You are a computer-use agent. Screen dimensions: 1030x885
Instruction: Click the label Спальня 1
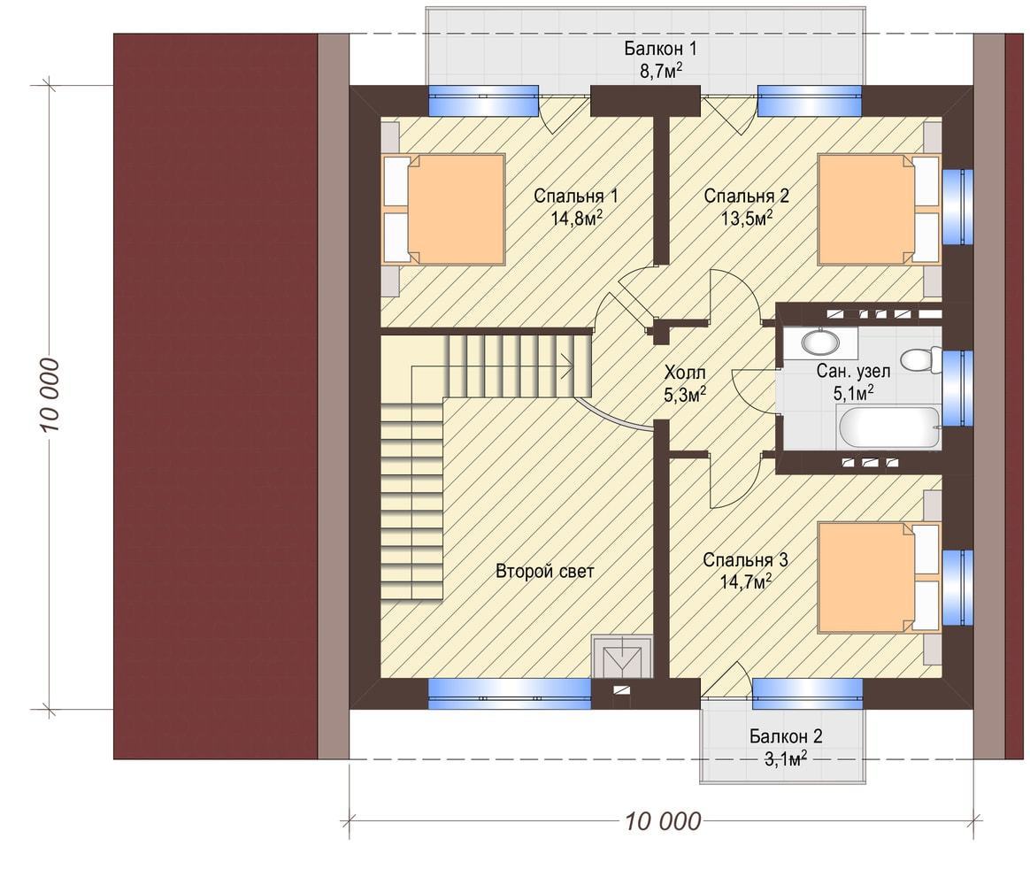point(575,196)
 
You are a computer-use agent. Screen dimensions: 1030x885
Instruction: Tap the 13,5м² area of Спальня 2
point(746,218)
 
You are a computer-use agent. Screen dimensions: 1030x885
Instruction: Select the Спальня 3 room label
point(745,560)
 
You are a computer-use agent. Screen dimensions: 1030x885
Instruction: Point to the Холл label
point(685,373)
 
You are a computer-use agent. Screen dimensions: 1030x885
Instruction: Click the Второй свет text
point(544,571)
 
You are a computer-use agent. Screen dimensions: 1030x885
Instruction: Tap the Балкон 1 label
point(660,48)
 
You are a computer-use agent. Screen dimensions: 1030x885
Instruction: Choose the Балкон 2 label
point(786,735)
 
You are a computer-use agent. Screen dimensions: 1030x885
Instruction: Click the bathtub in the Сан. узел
point(889,427)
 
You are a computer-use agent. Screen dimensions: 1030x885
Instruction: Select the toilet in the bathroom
point(920,359)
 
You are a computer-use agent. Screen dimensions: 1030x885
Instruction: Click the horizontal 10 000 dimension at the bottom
point(662,820)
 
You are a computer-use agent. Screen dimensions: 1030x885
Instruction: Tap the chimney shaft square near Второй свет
point(621,657)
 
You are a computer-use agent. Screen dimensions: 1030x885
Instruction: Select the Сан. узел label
point(853,371)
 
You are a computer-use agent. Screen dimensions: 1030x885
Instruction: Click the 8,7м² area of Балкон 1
point(661,70)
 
